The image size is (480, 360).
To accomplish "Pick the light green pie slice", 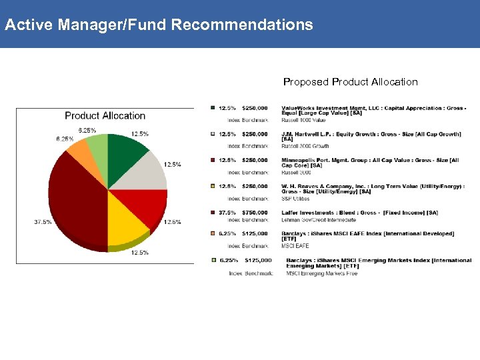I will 98,143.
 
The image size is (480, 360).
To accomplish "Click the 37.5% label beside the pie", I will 43,222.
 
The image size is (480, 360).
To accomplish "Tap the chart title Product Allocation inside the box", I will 105,115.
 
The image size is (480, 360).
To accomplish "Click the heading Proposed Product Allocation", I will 350,82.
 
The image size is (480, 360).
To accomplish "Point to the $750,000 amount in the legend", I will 255,213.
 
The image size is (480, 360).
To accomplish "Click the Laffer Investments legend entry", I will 359,213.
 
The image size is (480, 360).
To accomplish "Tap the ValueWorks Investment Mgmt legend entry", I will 373,110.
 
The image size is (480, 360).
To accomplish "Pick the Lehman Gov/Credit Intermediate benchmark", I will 318,220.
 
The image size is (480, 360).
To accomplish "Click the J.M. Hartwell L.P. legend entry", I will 371,137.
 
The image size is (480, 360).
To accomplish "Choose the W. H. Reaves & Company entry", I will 373,189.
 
